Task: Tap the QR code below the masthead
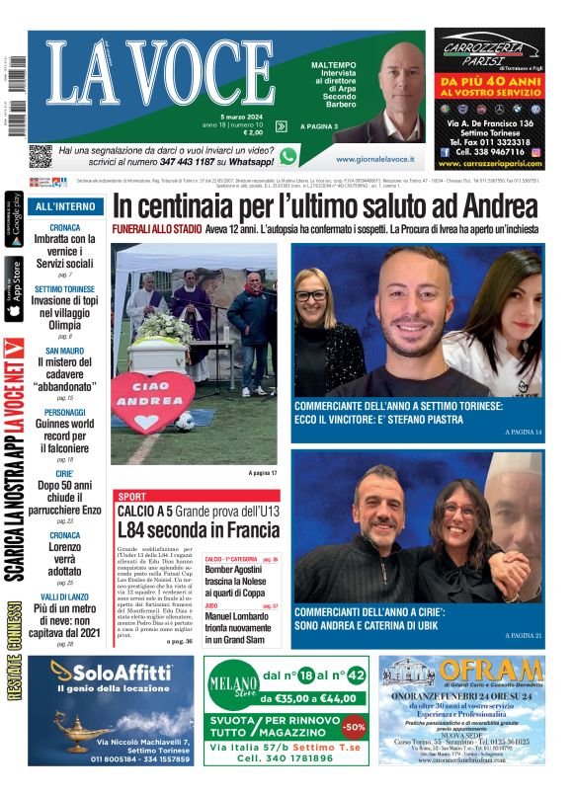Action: pos(40,155)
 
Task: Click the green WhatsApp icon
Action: pos(288,156)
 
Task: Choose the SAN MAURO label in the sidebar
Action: pos(65,350)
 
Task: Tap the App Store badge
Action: pos(14,289)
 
